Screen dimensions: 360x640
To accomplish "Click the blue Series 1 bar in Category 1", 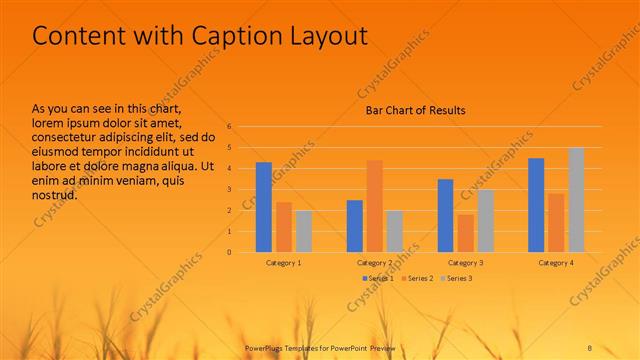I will (x=264, y=207).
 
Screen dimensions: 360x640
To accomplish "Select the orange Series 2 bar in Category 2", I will (x=374, y=206).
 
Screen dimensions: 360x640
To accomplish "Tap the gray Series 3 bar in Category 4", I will (x=576, y=200).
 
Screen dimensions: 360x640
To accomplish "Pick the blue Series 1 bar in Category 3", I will (x=445, y=215).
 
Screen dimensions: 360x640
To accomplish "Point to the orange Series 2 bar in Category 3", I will (x=465, y=233).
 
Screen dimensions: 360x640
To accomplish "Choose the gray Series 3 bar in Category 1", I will (x=303, y=231).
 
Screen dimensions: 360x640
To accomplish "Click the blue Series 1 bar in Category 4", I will (x=536, y=205).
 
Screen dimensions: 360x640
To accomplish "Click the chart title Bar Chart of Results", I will (x=413, y=110).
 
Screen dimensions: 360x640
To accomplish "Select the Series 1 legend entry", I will (x=377, y=278).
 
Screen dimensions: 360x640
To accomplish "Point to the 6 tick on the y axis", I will (x=229, y=127).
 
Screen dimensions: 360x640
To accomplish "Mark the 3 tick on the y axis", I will (x=229, y=190).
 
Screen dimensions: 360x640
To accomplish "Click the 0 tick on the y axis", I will (x=229, y=252).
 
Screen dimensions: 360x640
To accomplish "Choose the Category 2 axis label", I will (x=374, y=262).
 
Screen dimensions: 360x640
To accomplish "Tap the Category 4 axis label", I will (x=556, y=262).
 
